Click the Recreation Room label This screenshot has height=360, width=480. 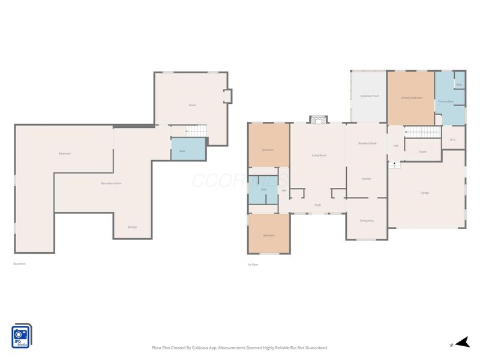111,183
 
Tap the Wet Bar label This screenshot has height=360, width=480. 133,227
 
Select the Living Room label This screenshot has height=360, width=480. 319,155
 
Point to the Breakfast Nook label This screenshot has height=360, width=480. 367,143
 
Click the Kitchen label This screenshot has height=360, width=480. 367,179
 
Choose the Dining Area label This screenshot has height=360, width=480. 367,221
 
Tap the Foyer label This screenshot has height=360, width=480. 318,205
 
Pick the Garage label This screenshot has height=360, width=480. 425,193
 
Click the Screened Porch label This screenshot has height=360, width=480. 369,96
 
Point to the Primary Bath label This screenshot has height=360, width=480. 446,101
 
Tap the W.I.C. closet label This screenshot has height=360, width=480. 454,140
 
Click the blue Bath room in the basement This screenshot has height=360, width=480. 182,150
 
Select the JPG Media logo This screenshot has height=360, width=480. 22,335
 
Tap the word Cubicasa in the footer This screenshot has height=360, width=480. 208,348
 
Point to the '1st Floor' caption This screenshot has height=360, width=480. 253,264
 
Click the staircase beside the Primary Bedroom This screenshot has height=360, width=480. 424,132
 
